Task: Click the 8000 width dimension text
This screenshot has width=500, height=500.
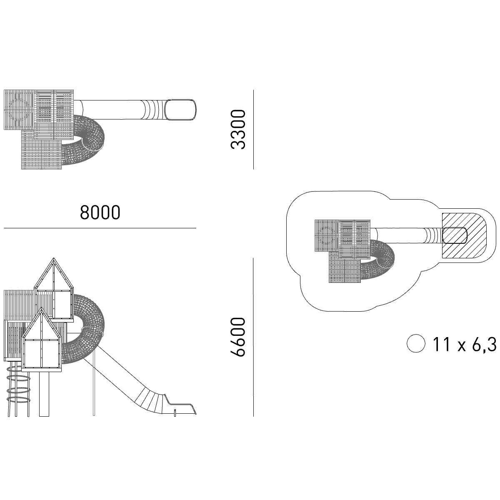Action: [x=100, y=212]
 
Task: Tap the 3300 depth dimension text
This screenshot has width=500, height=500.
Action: [x=238, y=130]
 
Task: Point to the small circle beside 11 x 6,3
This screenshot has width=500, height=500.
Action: [x=416, y=343]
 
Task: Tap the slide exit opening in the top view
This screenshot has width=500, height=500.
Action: [x=181, y=110]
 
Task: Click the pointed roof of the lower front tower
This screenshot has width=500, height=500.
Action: [x=42, y=324]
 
